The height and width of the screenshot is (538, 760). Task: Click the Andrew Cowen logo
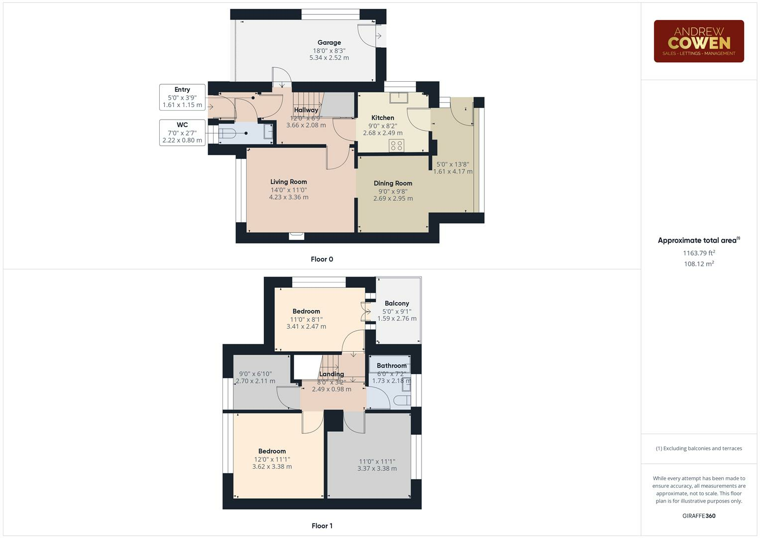[698, 41]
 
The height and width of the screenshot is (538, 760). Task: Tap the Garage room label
[329, 43]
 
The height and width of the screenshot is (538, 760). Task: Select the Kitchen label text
[382, 118]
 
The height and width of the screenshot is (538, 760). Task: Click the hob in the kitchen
[397, 145]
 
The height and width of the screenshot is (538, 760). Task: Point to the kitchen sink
[399, 98]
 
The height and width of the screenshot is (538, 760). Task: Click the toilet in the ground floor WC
[228, 134]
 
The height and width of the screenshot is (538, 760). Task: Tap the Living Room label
[289, 182]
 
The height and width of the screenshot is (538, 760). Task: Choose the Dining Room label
[393, 183]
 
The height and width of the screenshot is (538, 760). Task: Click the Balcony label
[397, 303]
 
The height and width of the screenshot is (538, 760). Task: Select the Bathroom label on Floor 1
[391, 366]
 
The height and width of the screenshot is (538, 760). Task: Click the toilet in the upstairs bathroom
[402, 400]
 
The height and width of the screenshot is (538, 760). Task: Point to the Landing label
[331, 374]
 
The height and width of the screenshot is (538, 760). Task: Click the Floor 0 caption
[322, 259]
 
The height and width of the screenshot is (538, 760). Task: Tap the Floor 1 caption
[322, 526]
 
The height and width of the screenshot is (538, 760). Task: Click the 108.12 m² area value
[699, 264]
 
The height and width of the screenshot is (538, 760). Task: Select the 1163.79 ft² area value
[699, 253]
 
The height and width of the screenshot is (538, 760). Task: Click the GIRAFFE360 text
[699, 516]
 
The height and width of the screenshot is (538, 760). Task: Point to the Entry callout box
[182, 97]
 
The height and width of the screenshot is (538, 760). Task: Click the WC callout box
[182, 133]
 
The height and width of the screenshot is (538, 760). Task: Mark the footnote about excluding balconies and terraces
[699, 448]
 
